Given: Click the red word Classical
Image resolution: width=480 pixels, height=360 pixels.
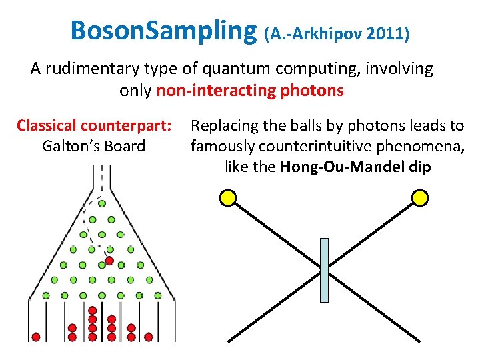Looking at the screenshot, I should tap(47, 125).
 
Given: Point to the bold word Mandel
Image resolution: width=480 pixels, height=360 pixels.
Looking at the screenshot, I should tap(382, 167).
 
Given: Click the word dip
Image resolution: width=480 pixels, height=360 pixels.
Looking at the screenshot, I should tap(419, 167).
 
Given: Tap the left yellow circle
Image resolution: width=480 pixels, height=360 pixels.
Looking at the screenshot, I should tap(228, 197).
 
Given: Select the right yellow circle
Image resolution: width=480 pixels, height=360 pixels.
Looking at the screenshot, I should tap(419, 197).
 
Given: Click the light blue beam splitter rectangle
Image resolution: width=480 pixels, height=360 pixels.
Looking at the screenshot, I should tap(325, 270).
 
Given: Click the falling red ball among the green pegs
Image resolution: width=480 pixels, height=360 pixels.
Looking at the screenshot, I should tap(109, 261).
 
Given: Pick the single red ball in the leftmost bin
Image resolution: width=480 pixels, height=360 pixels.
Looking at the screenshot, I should tap(36, 337).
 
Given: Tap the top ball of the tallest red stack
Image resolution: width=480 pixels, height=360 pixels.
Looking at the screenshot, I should tap(93, 310).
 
